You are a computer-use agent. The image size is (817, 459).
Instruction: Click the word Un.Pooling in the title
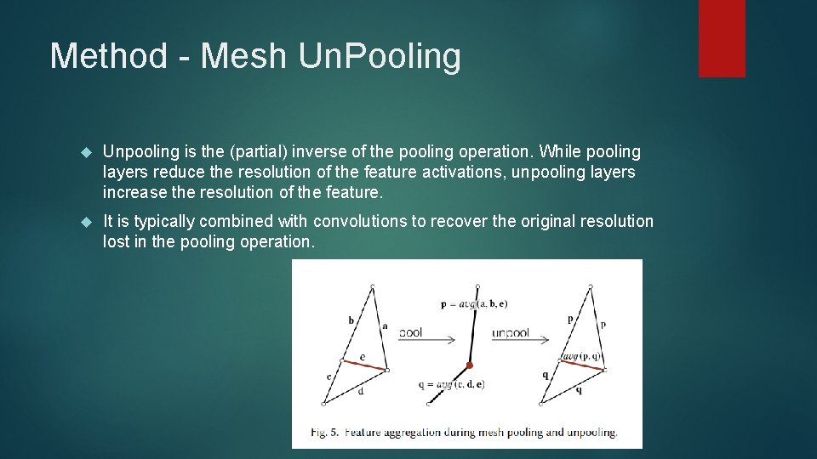[x=380, y=57]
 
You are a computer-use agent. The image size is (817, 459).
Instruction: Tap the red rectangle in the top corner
[x=722, y=38]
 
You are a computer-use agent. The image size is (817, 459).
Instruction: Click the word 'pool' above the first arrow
[x=410, y=332]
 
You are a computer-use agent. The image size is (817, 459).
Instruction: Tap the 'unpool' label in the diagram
[x=510, y=332]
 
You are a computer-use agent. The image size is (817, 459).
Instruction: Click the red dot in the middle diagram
[x=469, y=365]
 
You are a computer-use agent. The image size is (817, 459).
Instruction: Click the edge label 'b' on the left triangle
[x=351, y=320]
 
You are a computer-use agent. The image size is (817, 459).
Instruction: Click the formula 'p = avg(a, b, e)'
[x=474, y=303]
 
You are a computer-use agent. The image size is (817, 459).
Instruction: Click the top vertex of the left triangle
[x=373, y=286]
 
